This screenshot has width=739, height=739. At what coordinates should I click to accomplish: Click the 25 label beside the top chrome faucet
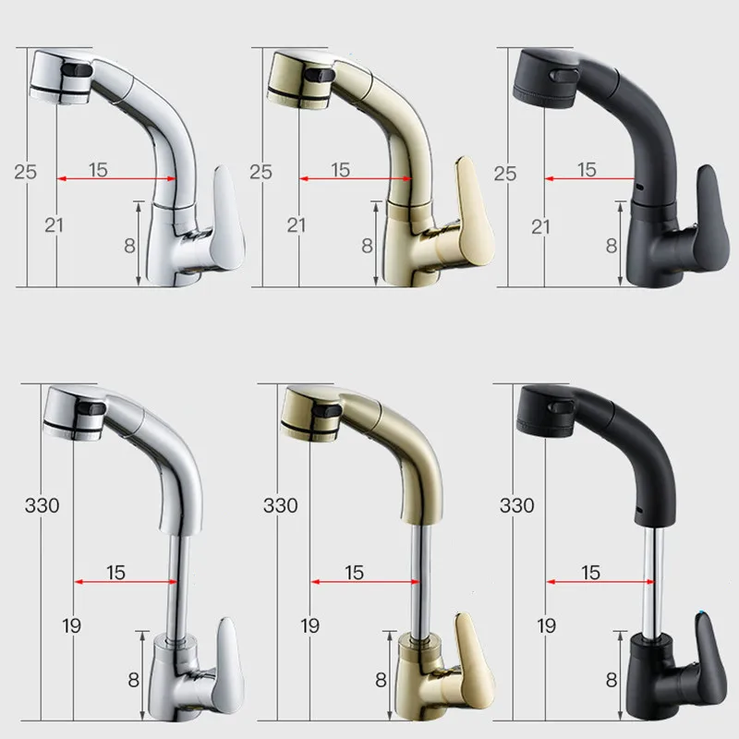coord(25,172)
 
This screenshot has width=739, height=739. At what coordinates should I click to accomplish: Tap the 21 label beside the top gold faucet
coord(296,225)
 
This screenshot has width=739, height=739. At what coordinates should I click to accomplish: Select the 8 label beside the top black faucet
coord(612,246)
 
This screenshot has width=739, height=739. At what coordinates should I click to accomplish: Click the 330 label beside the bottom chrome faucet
coord(42,505)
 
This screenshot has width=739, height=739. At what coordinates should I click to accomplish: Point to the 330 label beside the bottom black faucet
coord(516,505)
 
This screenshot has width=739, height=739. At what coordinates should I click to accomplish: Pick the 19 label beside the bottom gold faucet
coord(309,626)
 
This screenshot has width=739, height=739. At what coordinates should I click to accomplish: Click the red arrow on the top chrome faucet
coord(116,178)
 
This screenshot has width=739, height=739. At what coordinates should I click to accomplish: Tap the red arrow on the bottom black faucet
coord(600,582)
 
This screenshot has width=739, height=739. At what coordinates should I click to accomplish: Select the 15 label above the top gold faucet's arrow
coord(340,170)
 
